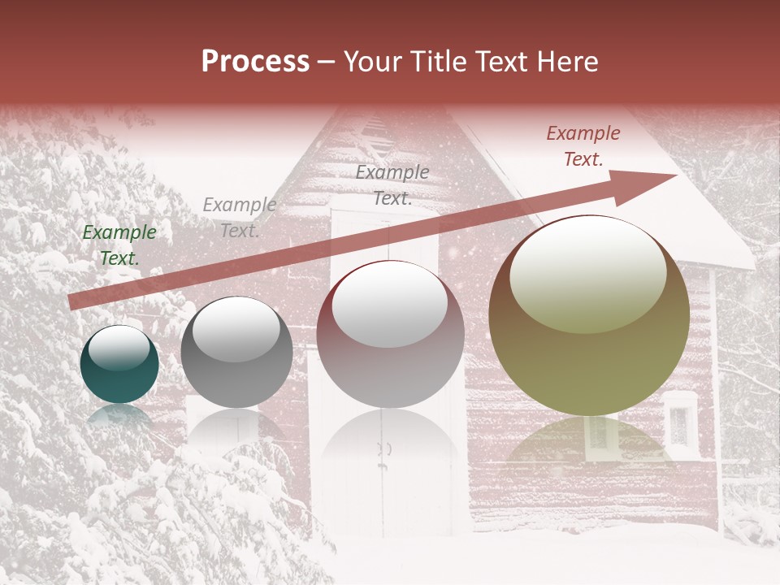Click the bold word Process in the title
(255, 62)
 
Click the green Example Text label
(119, 245)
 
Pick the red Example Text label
(583, 146)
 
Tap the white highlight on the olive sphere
(587, 275)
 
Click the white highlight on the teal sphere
(119, 348)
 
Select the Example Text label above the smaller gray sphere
(239, 218)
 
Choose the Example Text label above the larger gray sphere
(392, 184)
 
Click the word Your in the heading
(372, 62)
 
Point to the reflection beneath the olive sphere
(588, 443)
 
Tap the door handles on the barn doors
(384, 448)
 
